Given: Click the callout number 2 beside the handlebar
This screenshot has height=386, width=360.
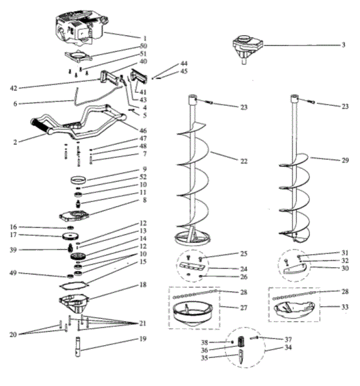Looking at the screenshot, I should [14, 140].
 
